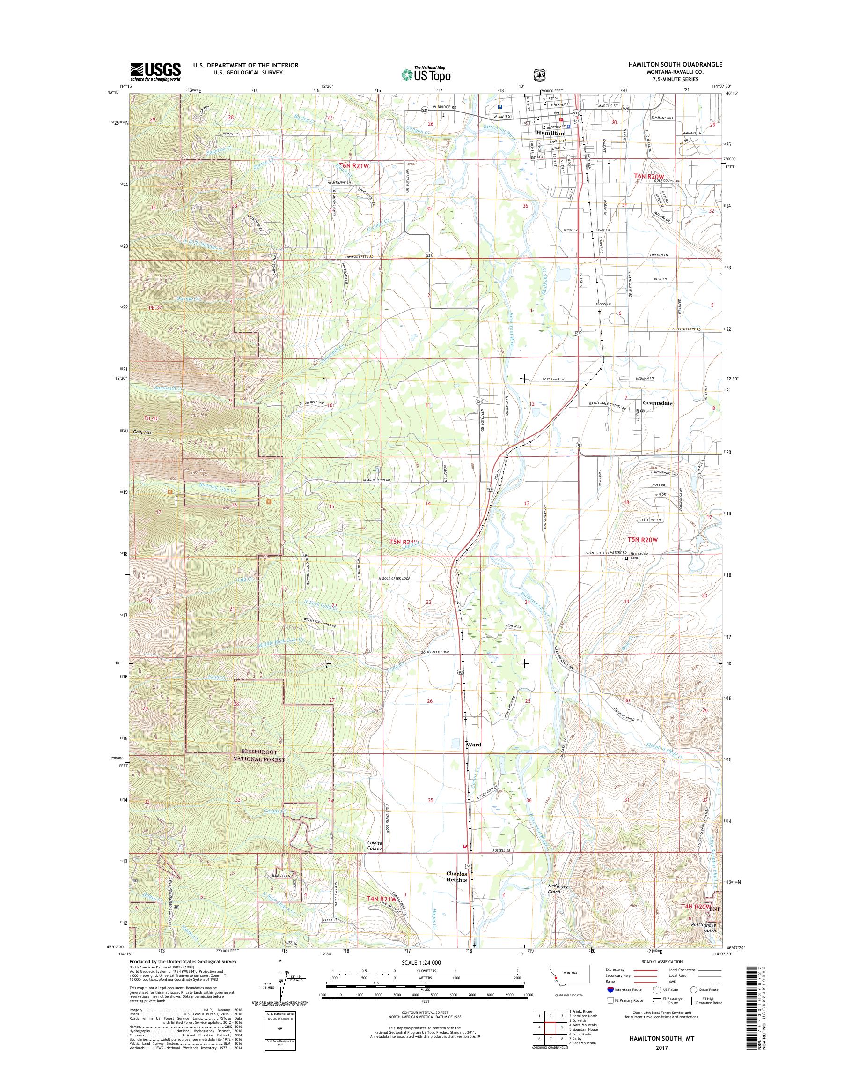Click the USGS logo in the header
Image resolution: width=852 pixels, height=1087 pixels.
155,71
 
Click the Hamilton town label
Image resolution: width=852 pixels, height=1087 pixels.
550,134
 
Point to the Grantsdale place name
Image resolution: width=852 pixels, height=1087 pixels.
657,403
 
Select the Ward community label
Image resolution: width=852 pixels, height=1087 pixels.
473,759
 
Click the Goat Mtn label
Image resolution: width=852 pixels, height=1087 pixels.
143,432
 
